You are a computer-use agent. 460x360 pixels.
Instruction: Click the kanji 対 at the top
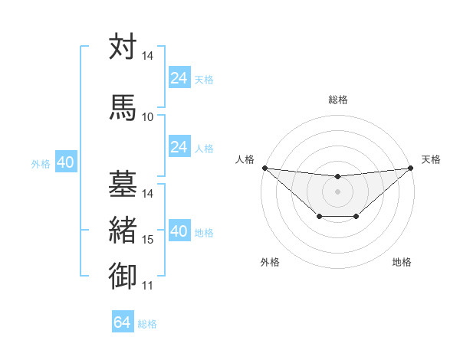tap(123, 47)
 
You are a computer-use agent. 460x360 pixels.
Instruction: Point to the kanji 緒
tap(123, 230)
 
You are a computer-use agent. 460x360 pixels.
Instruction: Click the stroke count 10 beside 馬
tap(148, 117)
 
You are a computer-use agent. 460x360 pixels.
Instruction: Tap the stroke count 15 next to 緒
tap(148, 241)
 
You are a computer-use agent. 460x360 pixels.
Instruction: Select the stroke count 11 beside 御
tap(148, 286)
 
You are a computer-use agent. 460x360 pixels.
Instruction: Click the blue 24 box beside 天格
tap(179, 78)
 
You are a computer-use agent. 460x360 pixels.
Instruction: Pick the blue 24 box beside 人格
tap(179, 147)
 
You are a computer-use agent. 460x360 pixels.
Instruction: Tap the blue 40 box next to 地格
tap(179, 231)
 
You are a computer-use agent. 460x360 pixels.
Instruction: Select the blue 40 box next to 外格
tap(65, 162)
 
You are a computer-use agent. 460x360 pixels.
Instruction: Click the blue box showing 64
tap(123, 322)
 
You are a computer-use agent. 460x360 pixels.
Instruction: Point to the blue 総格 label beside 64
tap(148, 324)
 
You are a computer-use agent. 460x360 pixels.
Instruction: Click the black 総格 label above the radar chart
tap(337, 100)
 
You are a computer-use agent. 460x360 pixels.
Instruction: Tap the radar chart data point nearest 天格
tap(412, 168)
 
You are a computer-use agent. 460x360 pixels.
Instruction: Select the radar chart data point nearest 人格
tap(264, 168)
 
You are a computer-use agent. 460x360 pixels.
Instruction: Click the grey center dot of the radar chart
tap(337, 191)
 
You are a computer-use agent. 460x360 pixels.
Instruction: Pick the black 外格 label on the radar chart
tap(270, 263)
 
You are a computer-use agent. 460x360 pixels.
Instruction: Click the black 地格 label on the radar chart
tap(402, 263)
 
